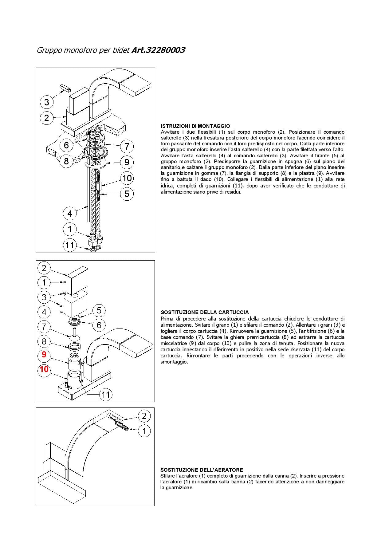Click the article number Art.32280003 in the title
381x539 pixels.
(158, 50)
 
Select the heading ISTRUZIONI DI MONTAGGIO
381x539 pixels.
(195, 126)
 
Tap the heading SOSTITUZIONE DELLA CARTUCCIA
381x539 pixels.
(205, 312)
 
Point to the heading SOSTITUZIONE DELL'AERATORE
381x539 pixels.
(202, 470)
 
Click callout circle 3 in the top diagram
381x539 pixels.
(47, 102)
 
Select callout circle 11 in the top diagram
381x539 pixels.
(70, 245)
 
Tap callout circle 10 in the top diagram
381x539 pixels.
(127, 178)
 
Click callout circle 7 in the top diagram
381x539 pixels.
(127, 146)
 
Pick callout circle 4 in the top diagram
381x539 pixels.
(70, 213)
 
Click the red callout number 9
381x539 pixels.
(44, 355)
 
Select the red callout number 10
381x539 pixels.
(44, 369)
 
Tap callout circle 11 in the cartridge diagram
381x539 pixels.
(106, 394)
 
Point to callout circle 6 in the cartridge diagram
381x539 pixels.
(99, 325)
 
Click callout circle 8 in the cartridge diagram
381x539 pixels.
(44, 341)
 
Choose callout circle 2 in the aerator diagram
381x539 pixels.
(144, 416)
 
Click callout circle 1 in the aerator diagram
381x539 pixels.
(144, 431)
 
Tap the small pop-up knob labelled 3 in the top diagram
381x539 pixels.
(65, 87)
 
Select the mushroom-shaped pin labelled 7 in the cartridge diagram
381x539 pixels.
(74, 334)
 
